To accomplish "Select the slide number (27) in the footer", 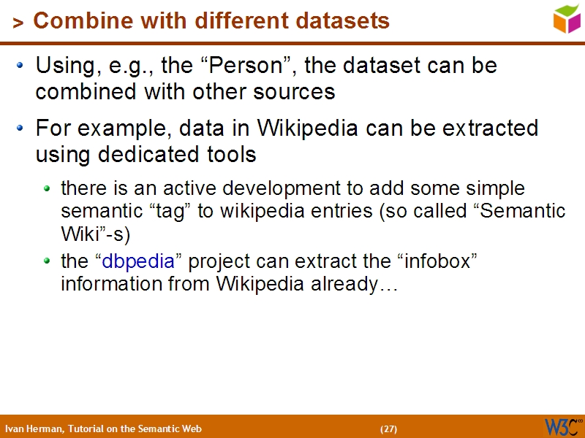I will tap(388, 429).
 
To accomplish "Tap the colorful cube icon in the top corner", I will tap(567, 18).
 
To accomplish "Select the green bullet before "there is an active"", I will tap(48, 189).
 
